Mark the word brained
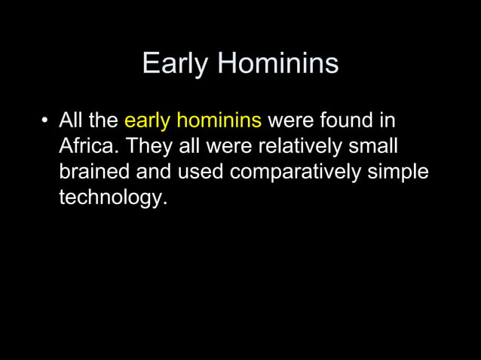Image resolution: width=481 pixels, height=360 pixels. point(95,172)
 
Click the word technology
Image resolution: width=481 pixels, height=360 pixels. point(111,200)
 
